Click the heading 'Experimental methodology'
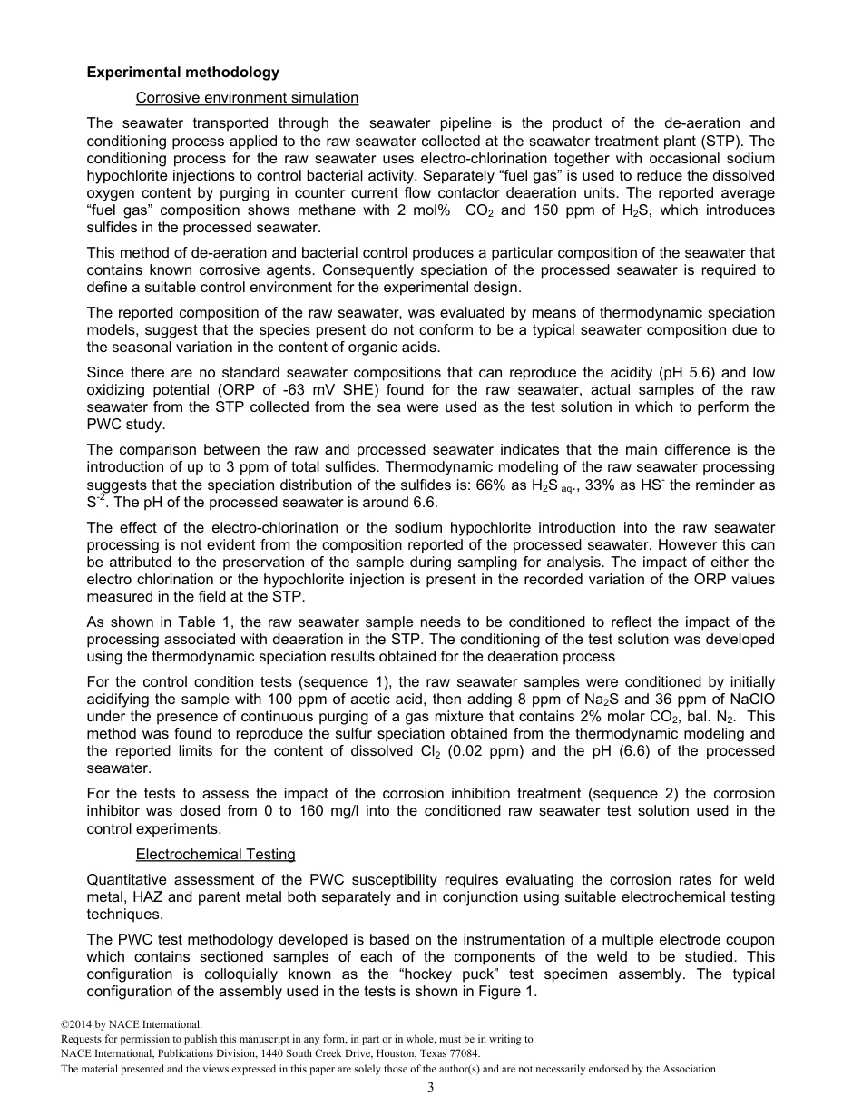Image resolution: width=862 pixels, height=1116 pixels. [182, 73]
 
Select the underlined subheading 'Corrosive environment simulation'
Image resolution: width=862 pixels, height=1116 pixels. [247, 98]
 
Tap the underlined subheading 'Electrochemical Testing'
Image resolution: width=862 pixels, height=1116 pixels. [215, 854]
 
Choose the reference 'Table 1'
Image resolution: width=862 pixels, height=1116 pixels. [195, 622]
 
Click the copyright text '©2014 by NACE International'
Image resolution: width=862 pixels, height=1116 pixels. [125, 1024]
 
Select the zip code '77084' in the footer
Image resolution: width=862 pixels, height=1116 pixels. [463, 1053]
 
